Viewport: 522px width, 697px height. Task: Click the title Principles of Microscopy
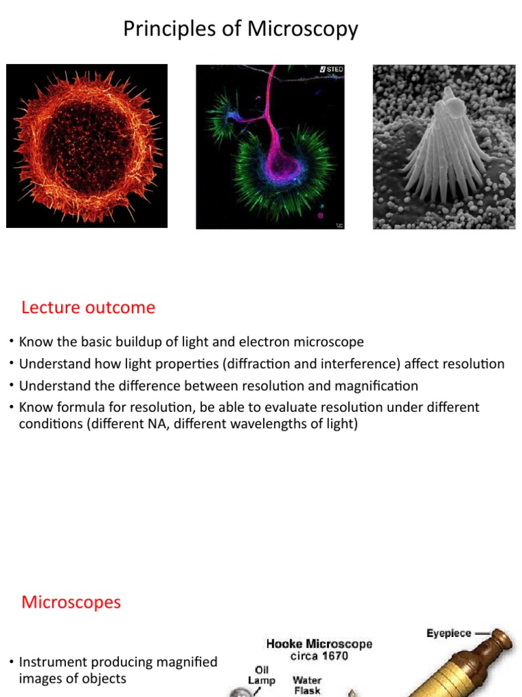tap(240, 29)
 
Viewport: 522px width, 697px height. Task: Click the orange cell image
tap(86, 146)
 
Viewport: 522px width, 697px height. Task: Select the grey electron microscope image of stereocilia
tap(444, 146)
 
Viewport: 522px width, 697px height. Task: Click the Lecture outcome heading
tap(88, 308)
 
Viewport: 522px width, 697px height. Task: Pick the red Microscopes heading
tap(71, 602)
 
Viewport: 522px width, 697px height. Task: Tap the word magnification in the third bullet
tap(376, 386)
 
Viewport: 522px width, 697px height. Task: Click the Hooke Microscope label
tap(319, 644)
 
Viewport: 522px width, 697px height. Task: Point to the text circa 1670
tap(319, 656)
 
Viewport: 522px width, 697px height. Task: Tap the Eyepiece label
tap(449, 634)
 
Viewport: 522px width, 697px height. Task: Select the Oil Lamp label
tap(262, 675)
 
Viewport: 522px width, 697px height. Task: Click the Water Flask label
tap(307, 685)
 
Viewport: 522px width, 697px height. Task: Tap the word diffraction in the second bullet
tap(256, 363)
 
